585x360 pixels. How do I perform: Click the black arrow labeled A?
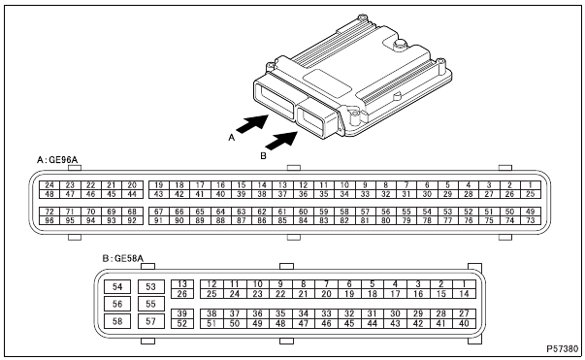252,123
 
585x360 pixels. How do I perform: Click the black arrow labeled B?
281,141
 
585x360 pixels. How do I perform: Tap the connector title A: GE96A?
57,160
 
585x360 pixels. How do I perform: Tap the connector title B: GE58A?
123,258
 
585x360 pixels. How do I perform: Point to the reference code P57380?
563,348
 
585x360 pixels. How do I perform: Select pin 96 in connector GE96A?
49,220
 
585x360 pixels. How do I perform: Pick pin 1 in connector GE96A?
530,185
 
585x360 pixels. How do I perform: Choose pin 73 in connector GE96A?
530,220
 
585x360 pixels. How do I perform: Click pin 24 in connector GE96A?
49,185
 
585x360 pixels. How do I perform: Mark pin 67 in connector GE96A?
159,212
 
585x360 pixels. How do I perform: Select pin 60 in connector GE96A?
303,212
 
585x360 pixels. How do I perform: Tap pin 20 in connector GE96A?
132,185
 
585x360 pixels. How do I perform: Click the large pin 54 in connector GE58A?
117,286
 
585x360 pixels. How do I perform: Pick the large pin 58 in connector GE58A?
117,321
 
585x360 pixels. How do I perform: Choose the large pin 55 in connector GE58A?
150,304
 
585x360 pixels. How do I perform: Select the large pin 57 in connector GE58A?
150,321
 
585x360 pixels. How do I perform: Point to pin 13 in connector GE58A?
182,284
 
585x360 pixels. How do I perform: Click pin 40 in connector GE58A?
464,323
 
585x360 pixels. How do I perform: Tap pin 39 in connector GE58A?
182,313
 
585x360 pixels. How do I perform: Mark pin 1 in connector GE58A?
464,284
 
